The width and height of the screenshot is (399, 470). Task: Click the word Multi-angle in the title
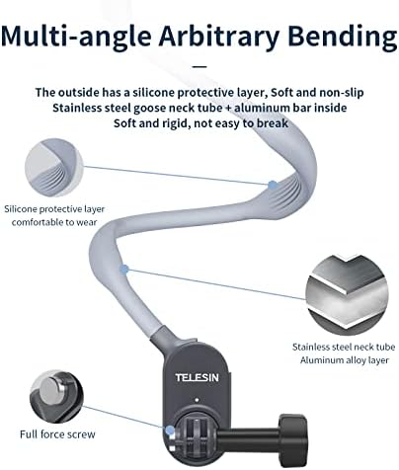76,36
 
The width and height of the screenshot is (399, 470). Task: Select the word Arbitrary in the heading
219,36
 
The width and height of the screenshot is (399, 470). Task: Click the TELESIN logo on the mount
197,377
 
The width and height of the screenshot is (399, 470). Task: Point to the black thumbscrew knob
292,434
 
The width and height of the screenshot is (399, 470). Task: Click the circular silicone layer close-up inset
54,168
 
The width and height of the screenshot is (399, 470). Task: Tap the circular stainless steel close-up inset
348,294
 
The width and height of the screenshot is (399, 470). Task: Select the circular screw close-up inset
56,397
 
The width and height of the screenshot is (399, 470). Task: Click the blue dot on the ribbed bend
273,186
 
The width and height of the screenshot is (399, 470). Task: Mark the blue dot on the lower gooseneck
123,270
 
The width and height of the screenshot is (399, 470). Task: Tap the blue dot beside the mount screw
170,430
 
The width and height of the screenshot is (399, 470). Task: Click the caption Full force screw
57,434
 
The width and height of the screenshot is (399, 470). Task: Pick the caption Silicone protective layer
54,209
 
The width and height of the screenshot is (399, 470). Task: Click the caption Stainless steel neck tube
344,347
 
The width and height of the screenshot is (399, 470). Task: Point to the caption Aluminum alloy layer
345,360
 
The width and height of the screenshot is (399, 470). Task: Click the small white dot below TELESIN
197,400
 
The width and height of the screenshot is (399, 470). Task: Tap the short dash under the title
199,66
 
